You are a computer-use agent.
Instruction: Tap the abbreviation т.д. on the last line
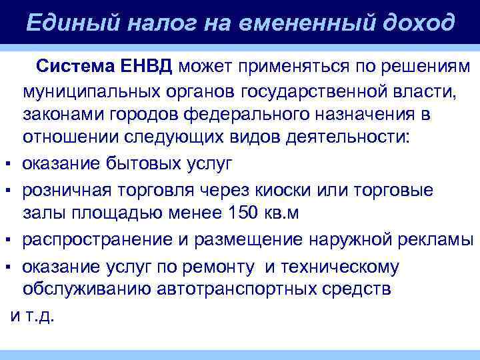(41, 315)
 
